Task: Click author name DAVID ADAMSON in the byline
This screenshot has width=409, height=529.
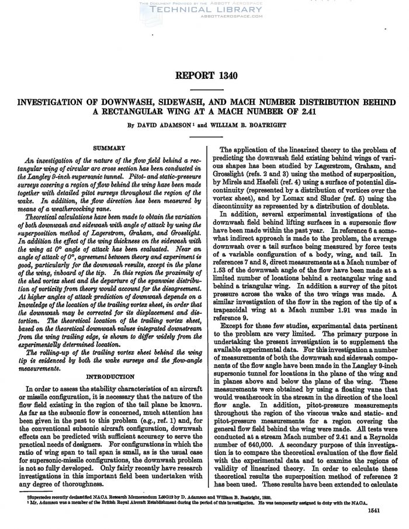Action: (x=170, y=124)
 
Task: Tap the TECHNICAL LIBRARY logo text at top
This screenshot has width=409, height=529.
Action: (x=204, y=10)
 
